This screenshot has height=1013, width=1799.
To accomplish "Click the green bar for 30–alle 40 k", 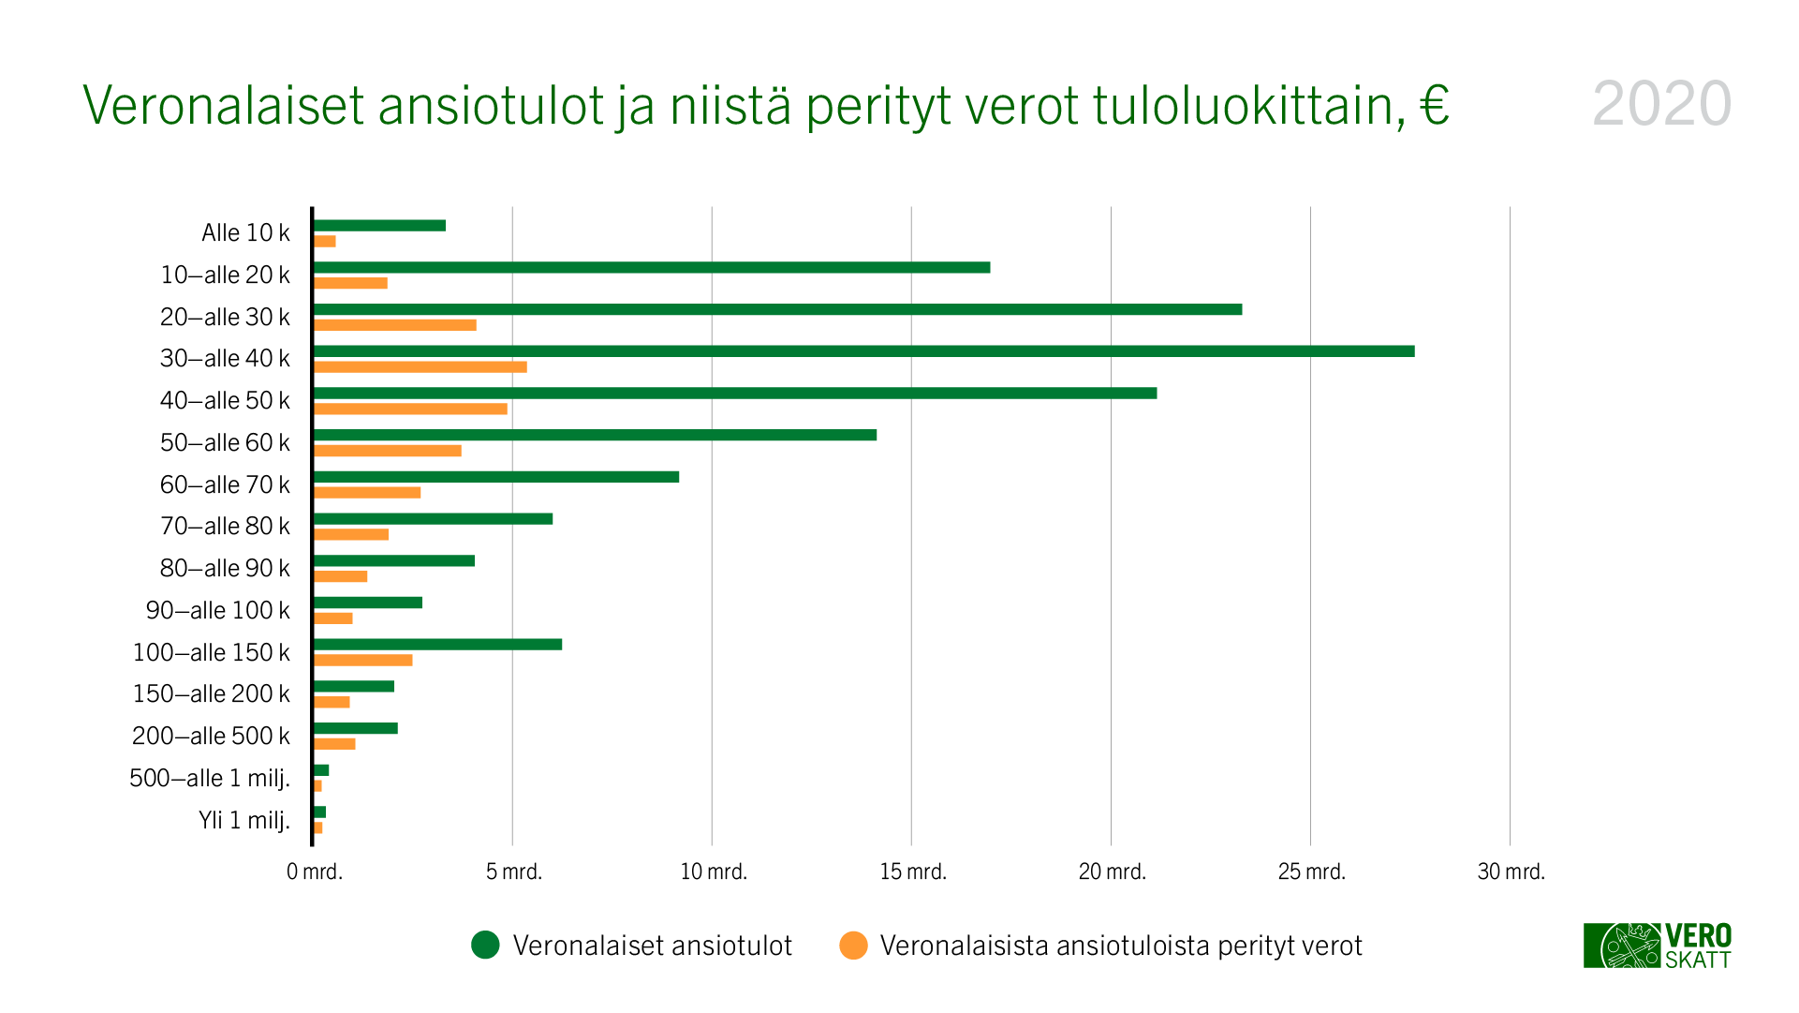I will coord(863,351).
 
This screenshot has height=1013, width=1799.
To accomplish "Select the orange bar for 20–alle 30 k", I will coord(394,325).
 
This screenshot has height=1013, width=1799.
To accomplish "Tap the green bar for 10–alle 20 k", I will coord(651,268).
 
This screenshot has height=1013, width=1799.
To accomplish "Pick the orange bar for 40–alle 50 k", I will coord(410,409).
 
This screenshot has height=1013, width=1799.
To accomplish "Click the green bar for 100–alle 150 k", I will coord(437,645).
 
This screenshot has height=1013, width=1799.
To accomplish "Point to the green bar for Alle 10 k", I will coord(379,226).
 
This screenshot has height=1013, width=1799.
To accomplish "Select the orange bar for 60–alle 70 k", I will coord(367,493).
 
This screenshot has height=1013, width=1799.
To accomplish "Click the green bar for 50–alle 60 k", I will coord(595,435).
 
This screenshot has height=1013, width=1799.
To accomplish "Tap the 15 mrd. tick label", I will coord(913,872).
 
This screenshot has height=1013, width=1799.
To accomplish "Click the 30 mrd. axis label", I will coord(1511,872).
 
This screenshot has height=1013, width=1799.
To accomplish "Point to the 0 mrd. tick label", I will coord(315,872).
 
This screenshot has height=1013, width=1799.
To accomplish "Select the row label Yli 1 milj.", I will coord(243,821).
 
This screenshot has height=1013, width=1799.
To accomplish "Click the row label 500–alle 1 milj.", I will coord(210,779).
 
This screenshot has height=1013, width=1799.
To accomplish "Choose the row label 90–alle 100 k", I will coord(217,611).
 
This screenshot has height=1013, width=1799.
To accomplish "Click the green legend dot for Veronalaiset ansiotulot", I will coord(485,946).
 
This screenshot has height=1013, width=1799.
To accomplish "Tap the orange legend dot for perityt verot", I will coord(853,946).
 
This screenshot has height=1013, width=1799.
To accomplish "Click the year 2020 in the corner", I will coord(1661,104).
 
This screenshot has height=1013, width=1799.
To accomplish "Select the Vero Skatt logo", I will coord(1657,946).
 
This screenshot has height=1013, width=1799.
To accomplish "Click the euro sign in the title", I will coord(1434,105).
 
